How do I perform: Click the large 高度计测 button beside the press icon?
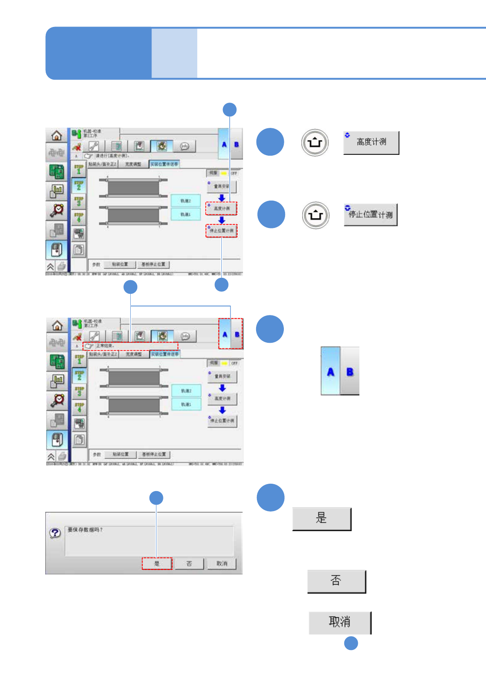pos(371,143)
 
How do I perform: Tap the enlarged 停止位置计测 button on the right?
pos(370,214)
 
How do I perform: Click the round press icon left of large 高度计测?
pos(314,143)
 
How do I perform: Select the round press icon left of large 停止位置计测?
pos(315,215)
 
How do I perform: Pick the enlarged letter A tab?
pos(330,371)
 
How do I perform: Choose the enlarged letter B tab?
pos(350,371)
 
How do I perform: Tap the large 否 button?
pos(336,581)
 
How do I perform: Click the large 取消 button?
pos(339,622)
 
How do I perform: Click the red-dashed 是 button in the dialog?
pos(157,563)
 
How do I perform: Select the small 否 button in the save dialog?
pos(189,563)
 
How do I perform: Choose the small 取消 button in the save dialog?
pos(222,563)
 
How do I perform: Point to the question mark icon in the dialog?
pos(55,533)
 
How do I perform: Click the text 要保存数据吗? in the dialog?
pos(85,530)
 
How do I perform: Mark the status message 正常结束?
pos(105,346)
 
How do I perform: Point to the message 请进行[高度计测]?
pos(112,156)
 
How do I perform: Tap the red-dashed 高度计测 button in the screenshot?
pos(221,208)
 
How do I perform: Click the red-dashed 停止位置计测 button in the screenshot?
pos(221,231)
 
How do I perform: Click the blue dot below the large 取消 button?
pos(351,643)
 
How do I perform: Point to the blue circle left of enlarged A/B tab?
pos(270,329)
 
